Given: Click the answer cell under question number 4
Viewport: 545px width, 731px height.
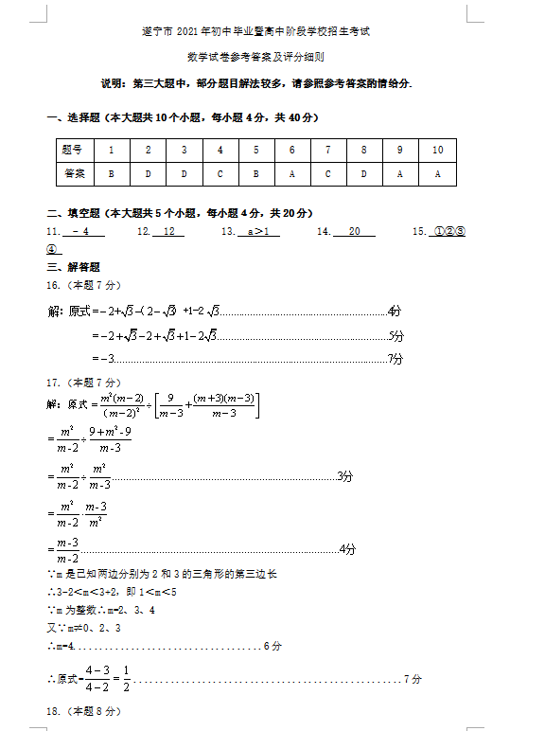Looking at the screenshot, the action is (x=220, y=174).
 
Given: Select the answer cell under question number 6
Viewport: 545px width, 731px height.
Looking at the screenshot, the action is (x=292, y=174).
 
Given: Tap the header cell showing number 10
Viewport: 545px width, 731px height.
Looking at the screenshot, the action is (x=437, y=150).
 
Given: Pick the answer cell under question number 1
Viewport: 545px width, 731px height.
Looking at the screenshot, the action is (x=111, y=174).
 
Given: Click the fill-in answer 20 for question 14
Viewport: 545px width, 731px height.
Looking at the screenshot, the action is (x=355, y=231).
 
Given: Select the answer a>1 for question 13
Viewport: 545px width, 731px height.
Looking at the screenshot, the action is (x=258, y=231).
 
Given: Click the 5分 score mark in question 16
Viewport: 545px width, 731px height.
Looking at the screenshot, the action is (x=396, y=335).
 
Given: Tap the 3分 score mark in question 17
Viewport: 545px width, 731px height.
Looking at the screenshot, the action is (x=345, y=475).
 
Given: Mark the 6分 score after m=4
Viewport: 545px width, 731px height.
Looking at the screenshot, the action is (x=272, y=646).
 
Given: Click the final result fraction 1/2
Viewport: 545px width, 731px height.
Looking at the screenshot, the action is (x=126, y=679).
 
